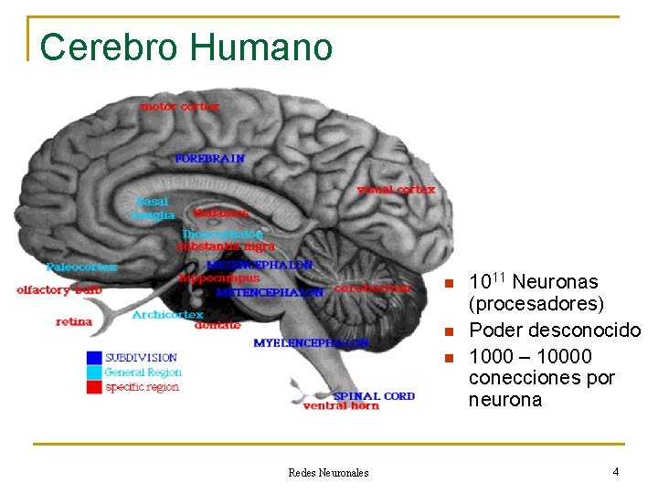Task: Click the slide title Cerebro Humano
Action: [x=186, y=47]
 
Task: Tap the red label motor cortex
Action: [x=180, y=106]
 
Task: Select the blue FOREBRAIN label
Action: [x=210, y=158]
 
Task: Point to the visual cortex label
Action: [x=397, y=190]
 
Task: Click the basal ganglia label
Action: [x=153, y=208]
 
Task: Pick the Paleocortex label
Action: [x=82, y=267]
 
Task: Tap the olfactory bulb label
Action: [x=58, y=289]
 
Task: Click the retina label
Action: [x=74, y=321]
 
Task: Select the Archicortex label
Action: [x=167, y=314]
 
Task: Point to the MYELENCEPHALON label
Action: [x=311, y=342]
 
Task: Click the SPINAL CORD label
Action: [x=374, y=396]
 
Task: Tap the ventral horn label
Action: [x=341, y=406]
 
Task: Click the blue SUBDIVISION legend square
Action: [x=94, y=358]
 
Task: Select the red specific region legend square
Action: [x=94, y=387]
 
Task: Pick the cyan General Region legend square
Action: [x=94, y=372]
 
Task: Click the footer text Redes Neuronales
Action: [x=328, y=473]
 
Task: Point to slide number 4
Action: [x=616, y=472]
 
